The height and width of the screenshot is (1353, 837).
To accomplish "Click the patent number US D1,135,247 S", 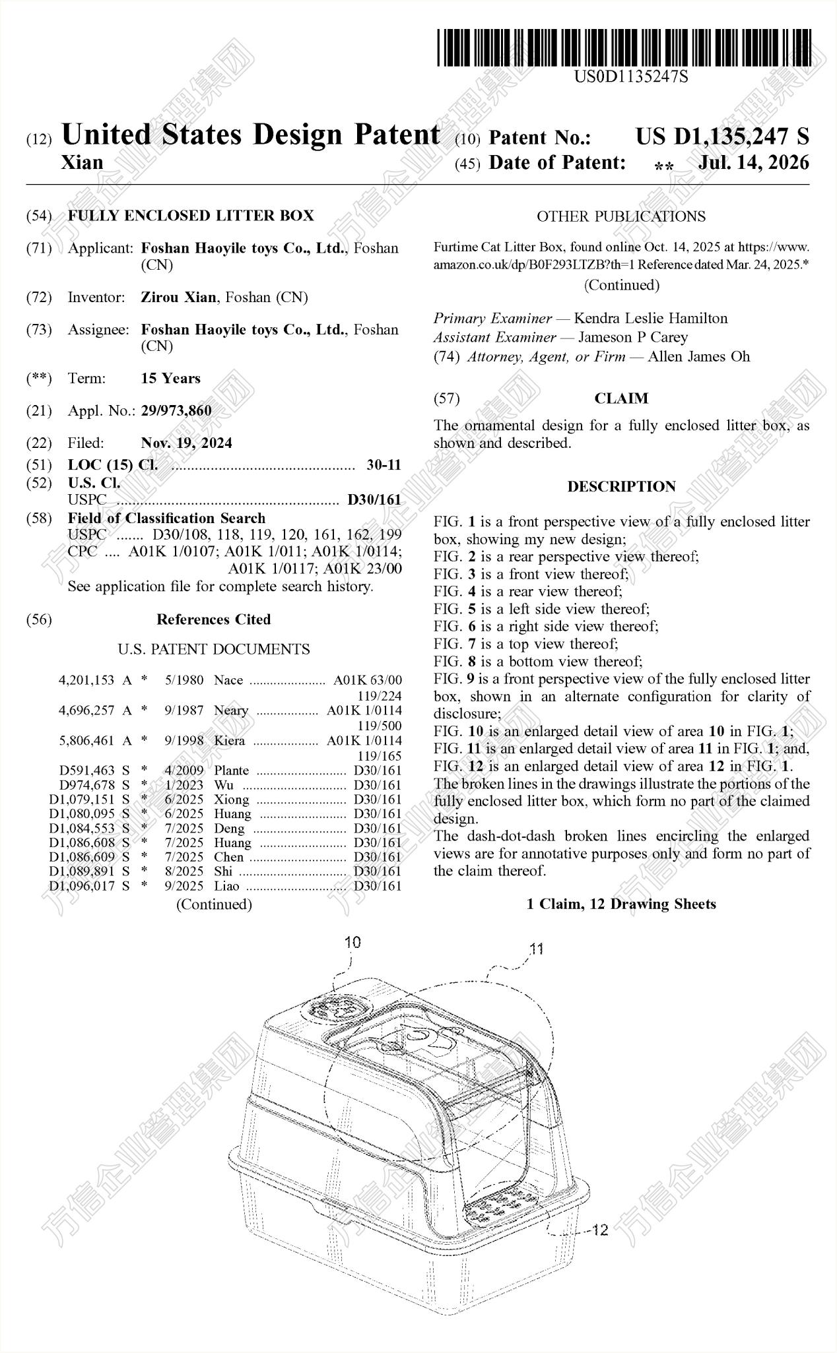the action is [722, 137].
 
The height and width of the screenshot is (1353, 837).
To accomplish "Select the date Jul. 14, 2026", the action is [754, 162].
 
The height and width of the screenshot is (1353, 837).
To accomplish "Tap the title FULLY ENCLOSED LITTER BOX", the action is [191, 216].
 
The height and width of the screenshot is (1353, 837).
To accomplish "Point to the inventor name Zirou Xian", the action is [178, 298].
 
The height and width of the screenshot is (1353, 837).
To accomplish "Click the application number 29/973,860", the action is [176, 411].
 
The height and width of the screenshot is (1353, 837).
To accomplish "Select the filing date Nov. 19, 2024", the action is [186, 443].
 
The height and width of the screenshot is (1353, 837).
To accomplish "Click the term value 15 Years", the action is [170, 379].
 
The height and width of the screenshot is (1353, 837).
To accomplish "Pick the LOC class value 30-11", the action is [384, 464].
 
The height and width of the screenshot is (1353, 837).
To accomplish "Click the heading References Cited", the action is [214, 619].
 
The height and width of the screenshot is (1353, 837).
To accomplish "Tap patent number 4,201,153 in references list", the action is [86, 680].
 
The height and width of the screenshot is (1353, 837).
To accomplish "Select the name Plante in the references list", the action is [232, 771].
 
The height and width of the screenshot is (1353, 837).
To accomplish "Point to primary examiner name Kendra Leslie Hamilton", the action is [651, 319].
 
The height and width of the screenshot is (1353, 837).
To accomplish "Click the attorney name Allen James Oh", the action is [699, 357].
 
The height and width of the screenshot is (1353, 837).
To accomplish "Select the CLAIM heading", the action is [621, 398].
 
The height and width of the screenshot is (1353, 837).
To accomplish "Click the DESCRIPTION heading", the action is [621, 487].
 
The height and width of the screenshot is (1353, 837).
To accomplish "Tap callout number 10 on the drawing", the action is [353, 942].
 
